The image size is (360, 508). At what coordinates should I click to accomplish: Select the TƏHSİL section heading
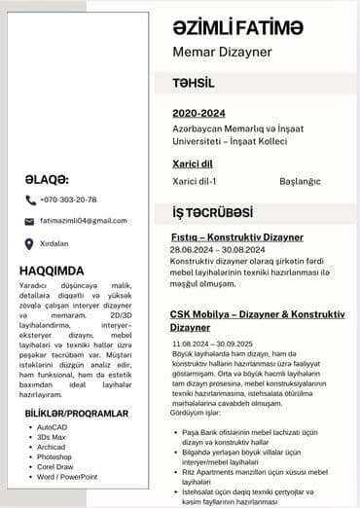click(193, 83)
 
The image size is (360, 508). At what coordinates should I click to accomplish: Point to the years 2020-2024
click(198, 114)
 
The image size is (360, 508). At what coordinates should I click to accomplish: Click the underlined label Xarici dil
click(194, 164)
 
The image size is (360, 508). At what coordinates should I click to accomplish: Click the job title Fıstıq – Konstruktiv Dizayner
click(236, 237)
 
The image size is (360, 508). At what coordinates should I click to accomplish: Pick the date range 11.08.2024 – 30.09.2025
click(211, 344)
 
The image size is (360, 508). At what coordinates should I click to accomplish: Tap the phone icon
click(30, 200)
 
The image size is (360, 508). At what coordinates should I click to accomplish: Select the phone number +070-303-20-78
click(68, 200)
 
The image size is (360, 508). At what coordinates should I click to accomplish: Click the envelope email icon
click(30, 222)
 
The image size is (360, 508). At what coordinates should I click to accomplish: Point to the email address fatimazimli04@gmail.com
click(84, 221)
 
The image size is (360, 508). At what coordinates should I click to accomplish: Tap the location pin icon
click(30, 243)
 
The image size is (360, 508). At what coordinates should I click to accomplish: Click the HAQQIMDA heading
click(52, 271)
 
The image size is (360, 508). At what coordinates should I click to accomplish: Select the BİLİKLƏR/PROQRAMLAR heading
click(77, 414)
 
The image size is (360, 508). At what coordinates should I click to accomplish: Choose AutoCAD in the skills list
click(53, 427)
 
